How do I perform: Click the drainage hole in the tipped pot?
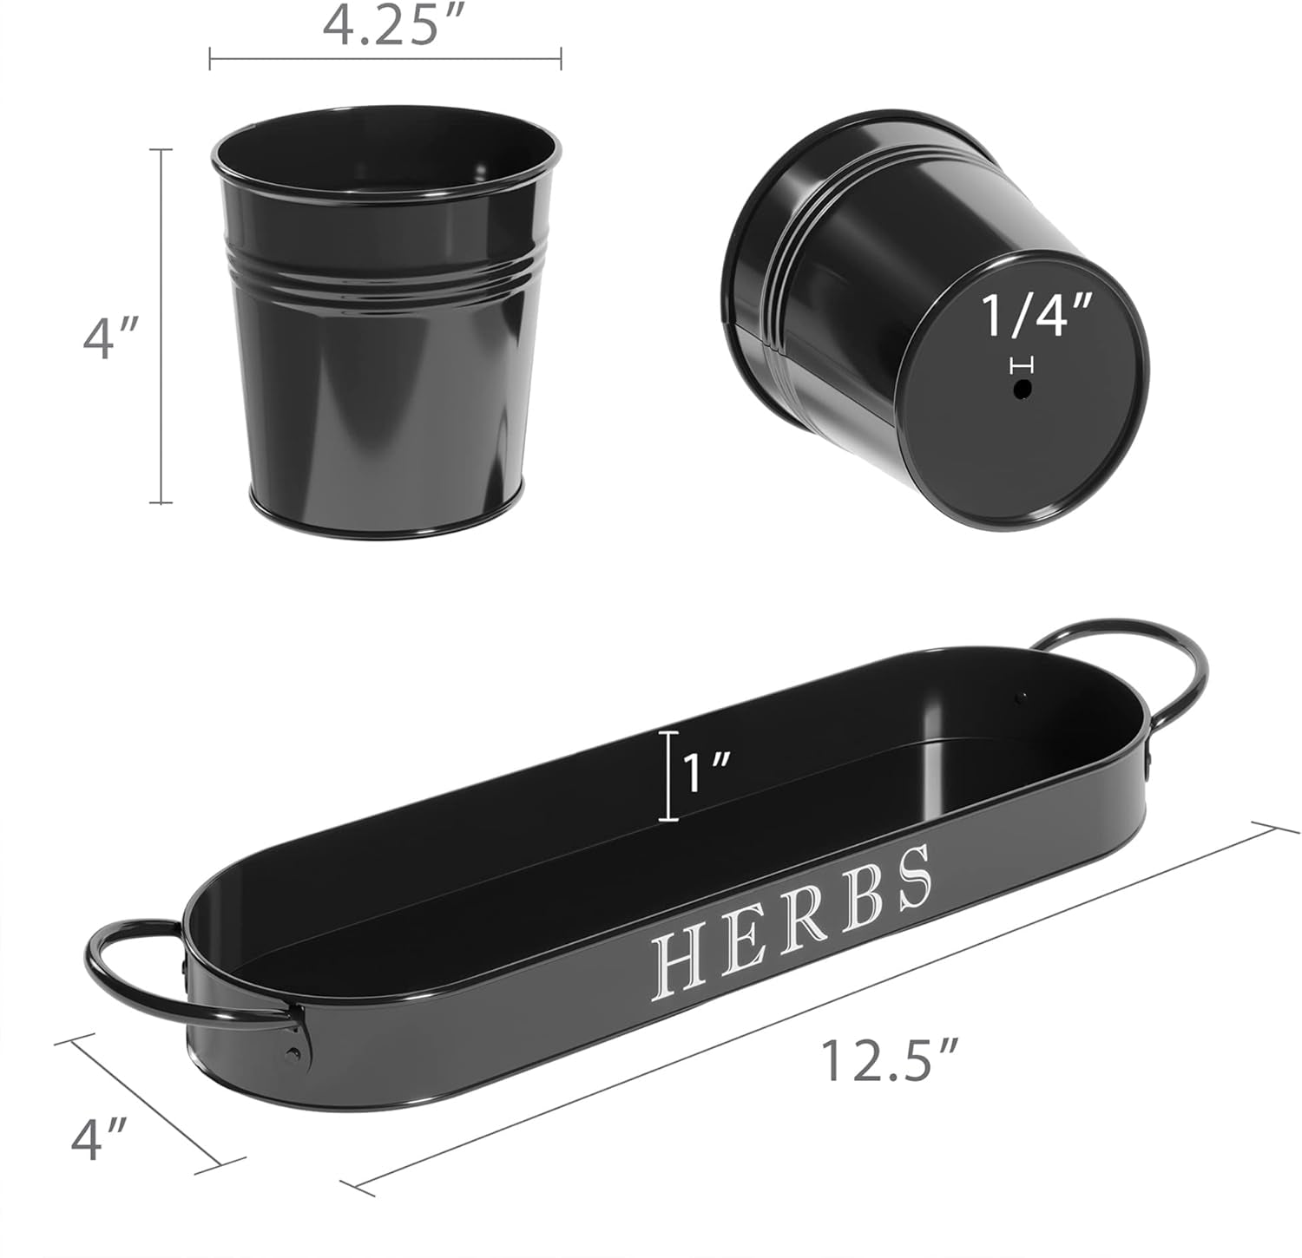pos(1023,391)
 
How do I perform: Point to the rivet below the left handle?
pos(294,1055)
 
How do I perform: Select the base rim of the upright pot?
pos(386,516)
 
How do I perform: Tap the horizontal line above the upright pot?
pos(385,59)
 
